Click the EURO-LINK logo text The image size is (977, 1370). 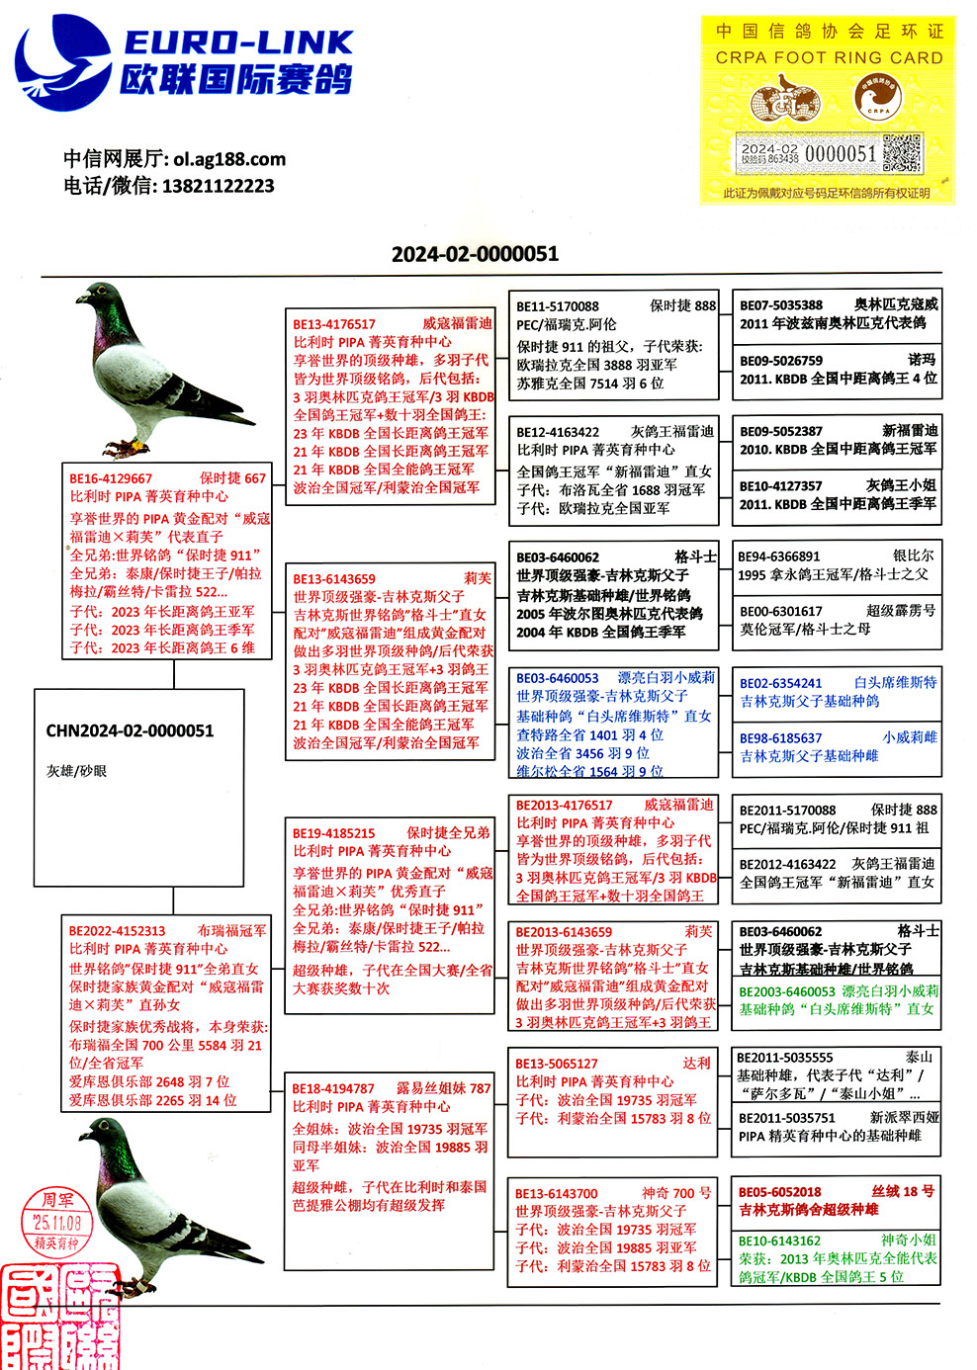pyautogui.click(x=237, y=43)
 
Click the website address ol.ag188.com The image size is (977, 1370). pyautogui.click(x=229, y=158)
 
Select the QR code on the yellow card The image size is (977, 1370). pyautogui.click(x=902, y=153)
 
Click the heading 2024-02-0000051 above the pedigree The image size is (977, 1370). pyautogui.click(x=475, y=254)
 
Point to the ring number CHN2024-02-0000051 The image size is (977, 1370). pyautogui.click(x=130, y=731)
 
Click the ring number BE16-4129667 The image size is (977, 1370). pyautogui.click(x=111, y=478)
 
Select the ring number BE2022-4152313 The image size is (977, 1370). pyautogui.click(x=117, y=931)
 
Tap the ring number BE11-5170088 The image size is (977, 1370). pyautogui.click(x=557, y=306)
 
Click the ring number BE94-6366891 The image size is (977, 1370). pyautogui.click(x=779, y=557)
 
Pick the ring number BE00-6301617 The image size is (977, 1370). pyautogui.click(x=780, y=612)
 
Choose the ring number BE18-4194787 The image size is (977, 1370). pyautogui.click(x=333, y=1088)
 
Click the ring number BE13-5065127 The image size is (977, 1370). pyautogui.click(x=557, y=1064)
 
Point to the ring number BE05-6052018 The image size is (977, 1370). pyautogui.click(x=779, y=1192)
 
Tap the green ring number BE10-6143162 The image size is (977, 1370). pyautogui.click(x=779, y=1242)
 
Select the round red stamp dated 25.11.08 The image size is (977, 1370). pyautogui.click(x=57, y=1224)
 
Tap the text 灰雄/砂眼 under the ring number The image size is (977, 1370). pyautogui.click(x=76, y=771)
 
